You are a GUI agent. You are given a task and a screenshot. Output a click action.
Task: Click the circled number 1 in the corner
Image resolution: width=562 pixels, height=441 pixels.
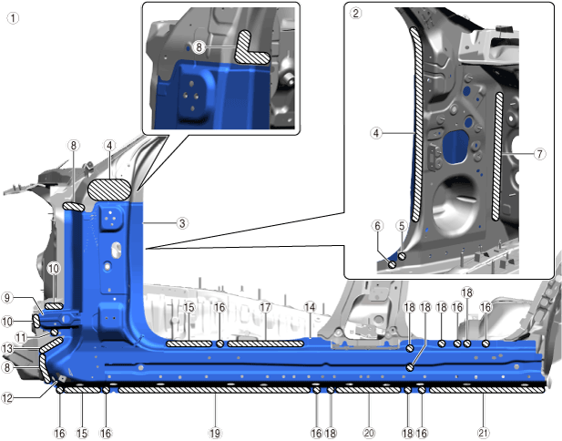14,18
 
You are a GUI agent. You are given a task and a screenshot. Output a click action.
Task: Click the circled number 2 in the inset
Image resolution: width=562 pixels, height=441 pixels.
355,14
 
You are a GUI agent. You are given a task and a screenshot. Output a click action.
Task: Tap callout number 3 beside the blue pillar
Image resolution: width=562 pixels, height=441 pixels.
182,223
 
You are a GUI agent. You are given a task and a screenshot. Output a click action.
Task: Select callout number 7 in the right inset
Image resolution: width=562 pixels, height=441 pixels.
540,154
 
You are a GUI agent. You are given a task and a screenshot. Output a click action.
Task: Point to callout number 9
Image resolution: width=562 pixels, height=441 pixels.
7,298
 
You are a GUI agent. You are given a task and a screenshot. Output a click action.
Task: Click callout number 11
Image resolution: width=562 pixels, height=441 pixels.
21,337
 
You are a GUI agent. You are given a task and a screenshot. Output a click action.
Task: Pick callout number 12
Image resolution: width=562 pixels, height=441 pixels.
7,397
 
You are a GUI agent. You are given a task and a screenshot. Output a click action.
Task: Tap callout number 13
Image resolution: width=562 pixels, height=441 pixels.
7,348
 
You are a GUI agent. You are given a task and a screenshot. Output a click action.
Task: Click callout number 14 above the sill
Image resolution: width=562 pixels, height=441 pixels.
310,307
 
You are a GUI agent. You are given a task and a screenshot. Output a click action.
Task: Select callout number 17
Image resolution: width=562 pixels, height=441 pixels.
265,307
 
